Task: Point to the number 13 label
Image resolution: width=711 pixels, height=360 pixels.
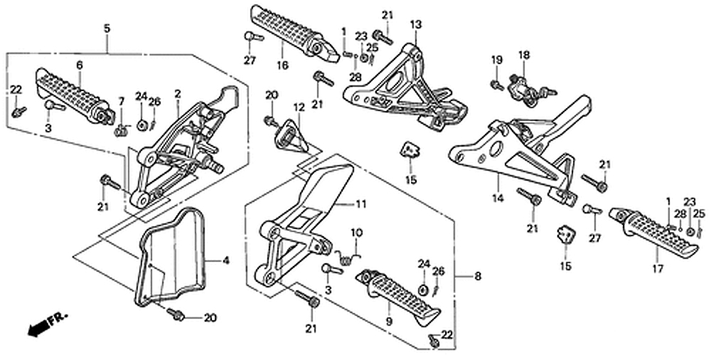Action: point(415,25)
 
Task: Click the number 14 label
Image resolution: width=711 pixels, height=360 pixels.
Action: point(498,198)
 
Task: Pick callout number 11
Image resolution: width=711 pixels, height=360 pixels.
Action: point(361,204)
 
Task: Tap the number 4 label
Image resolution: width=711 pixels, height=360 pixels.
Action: point(225,261)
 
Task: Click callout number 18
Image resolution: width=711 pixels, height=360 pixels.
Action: point(523,55)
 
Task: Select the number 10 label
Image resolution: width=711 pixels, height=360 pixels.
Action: point(356,232)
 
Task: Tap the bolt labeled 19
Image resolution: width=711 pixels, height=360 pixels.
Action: point(496,85)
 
